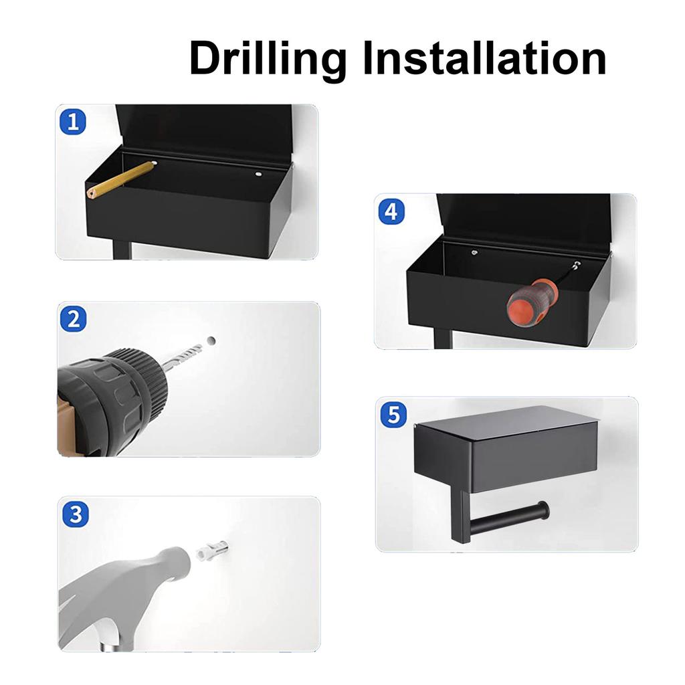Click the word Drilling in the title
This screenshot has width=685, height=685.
(x=268, y=60)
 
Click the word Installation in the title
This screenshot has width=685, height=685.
(x=485, y=58)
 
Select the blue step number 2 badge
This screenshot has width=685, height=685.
(x=73, y=319)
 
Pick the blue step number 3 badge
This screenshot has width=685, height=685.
(x=76, y=514)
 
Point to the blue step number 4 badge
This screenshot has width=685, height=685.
(x=391, y=211)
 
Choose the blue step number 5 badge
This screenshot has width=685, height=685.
(x=393, y=415)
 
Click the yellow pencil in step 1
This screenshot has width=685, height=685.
(x=122, y=179)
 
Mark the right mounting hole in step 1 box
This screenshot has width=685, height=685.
(x=259, y=175)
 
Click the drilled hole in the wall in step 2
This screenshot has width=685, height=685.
(x=211, y=340)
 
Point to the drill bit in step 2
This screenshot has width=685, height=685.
(x=182, y=354)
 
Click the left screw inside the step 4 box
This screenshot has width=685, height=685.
(x=474, y=252)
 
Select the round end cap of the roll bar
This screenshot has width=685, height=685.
(x=543, y=510)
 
